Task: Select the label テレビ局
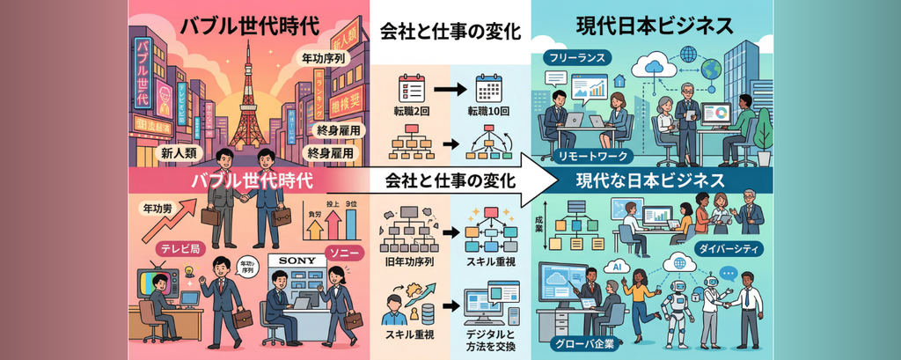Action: point(171,249)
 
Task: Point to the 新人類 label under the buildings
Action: point(177,153)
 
